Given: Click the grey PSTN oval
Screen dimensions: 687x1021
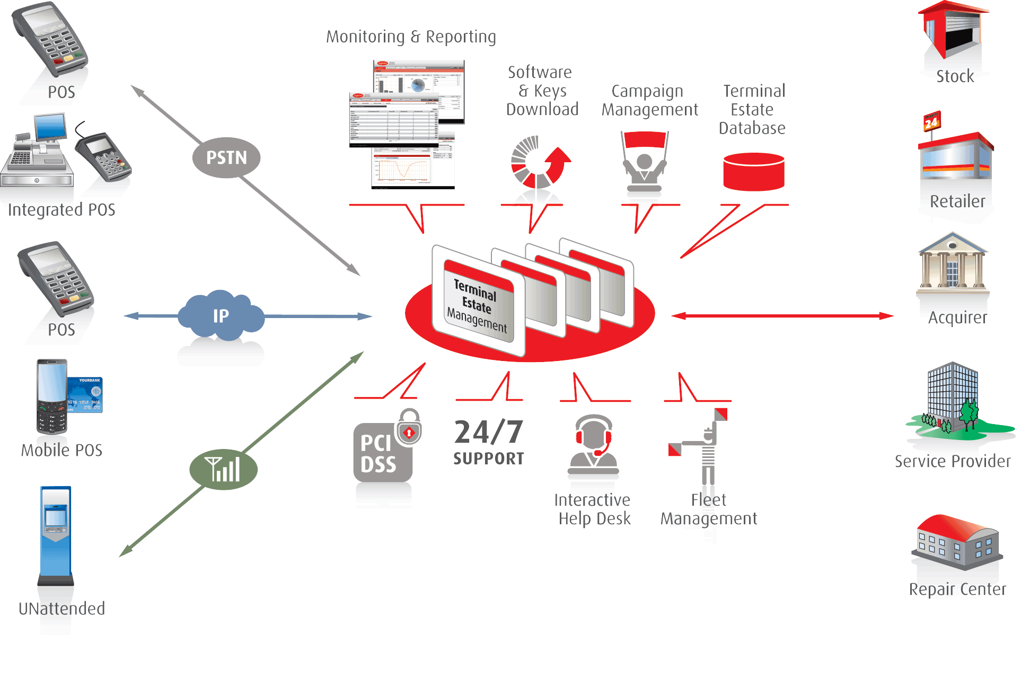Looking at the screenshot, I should coord(226,157).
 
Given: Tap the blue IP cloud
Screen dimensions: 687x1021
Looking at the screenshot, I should coord(221,316).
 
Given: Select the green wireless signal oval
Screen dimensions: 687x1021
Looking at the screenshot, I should coord(223,470).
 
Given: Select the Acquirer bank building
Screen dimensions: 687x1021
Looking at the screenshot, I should coord(953,263).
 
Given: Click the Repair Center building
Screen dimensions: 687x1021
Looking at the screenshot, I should coord(956,543).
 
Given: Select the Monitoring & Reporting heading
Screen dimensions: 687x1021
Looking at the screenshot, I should coord(411,37).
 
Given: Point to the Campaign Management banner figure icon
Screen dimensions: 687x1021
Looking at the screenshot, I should coord(644,162).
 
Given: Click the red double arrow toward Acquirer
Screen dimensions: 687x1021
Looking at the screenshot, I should coord(782,316).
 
